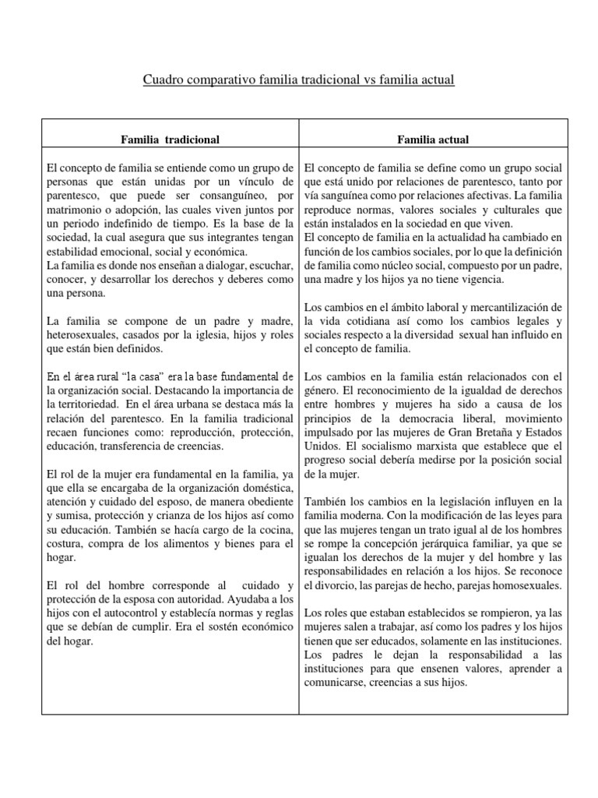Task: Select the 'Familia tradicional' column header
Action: pos(170,139)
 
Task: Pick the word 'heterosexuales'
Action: pos(83,335)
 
